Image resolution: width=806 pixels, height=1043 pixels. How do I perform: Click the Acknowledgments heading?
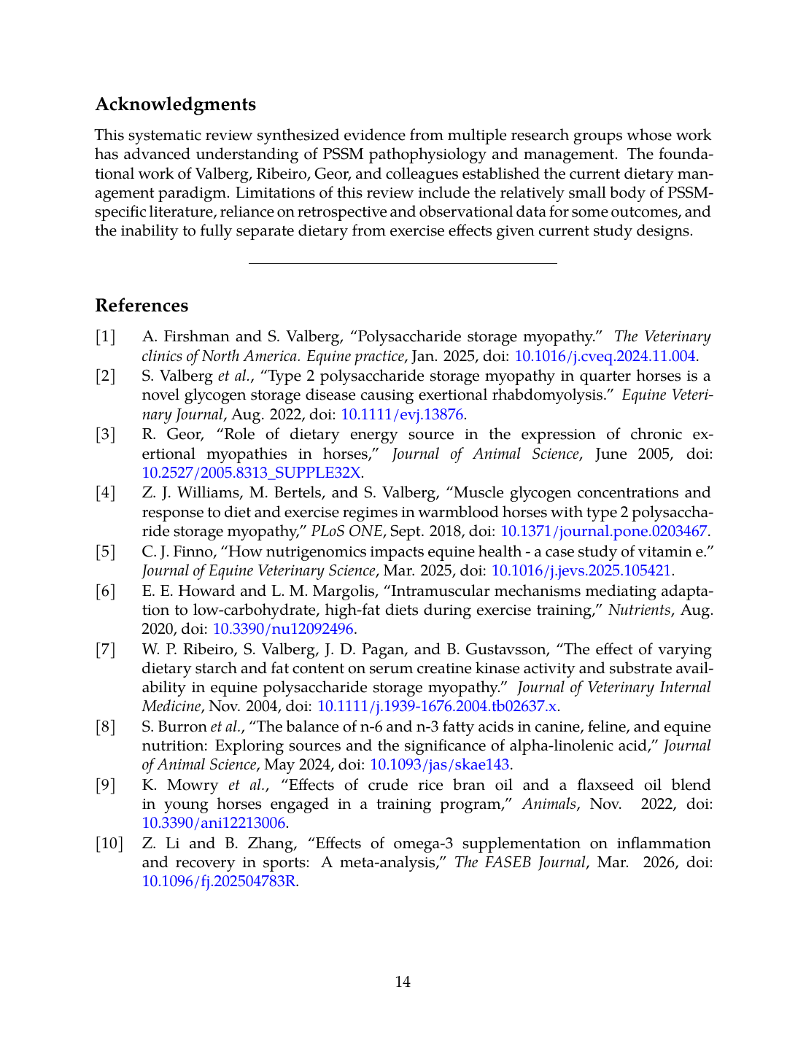[175, 104]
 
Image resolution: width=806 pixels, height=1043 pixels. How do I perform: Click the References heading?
[142, 306]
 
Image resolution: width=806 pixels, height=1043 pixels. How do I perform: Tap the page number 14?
[403, 982]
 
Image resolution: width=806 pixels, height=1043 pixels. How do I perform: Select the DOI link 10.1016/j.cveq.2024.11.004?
[605, 356]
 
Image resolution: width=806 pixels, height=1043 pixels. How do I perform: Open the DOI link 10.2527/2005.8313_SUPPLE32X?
[251, 473]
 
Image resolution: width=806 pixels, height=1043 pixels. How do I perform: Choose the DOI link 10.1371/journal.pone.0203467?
[603, 531]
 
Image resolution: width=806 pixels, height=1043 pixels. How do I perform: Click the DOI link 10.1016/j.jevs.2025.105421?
[581, 570]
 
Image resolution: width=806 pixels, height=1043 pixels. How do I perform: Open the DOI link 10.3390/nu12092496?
[282, 629]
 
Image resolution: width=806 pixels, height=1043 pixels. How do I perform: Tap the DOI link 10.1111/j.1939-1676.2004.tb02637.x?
[437, 706]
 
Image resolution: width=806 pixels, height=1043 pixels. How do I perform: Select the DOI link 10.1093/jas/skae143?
[439, 764]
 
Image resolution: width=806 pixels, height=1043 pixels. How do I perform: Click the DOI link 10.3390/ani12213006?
[214, 823]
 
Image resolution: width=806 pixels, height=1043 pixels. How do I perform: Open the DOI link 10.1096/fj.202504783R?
[219, 881]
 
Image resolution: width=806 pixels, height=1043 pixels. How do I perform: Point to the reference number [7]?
[106, 649]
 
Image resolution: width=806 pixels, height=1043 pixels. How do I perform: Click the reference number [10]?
[109, 843]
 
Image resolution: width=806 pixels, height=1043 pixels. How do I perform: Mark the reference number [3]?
[106, 434]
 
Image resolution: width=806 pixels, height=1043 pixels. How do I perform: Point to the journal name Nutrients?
[639, 610]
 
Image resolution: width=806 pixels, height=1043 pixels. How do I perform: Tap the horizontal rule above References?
[403, 263]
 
